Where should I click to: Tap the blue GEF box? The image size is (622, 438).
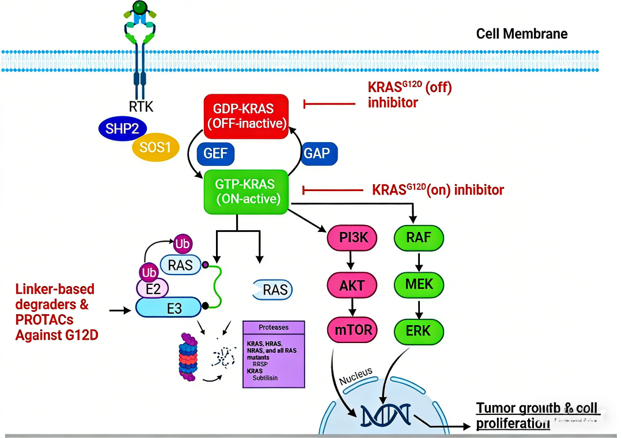(x=216, y=154)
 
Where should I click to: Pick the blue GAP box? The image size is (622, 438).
(x=318, y=154)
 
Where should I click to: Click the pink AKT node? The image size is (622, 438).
(x=351, y=284)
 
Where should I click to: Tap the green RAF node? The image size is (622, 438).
(x=419, y=237)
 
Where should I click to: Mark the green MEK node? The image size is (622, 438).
(x=419, y=284)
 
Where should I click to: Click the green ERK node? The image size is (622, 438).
(x=419, y=330)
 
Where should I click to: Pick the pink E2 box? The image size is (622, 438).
(x=152, y=288)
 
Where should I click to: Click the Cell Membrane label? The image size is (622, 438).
(x=522, y=33)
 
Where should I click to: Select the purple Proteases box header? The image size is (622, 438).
(x=274, y=327)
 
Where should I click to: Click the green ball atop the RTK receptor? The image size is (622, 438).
(x=139, y=7)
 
